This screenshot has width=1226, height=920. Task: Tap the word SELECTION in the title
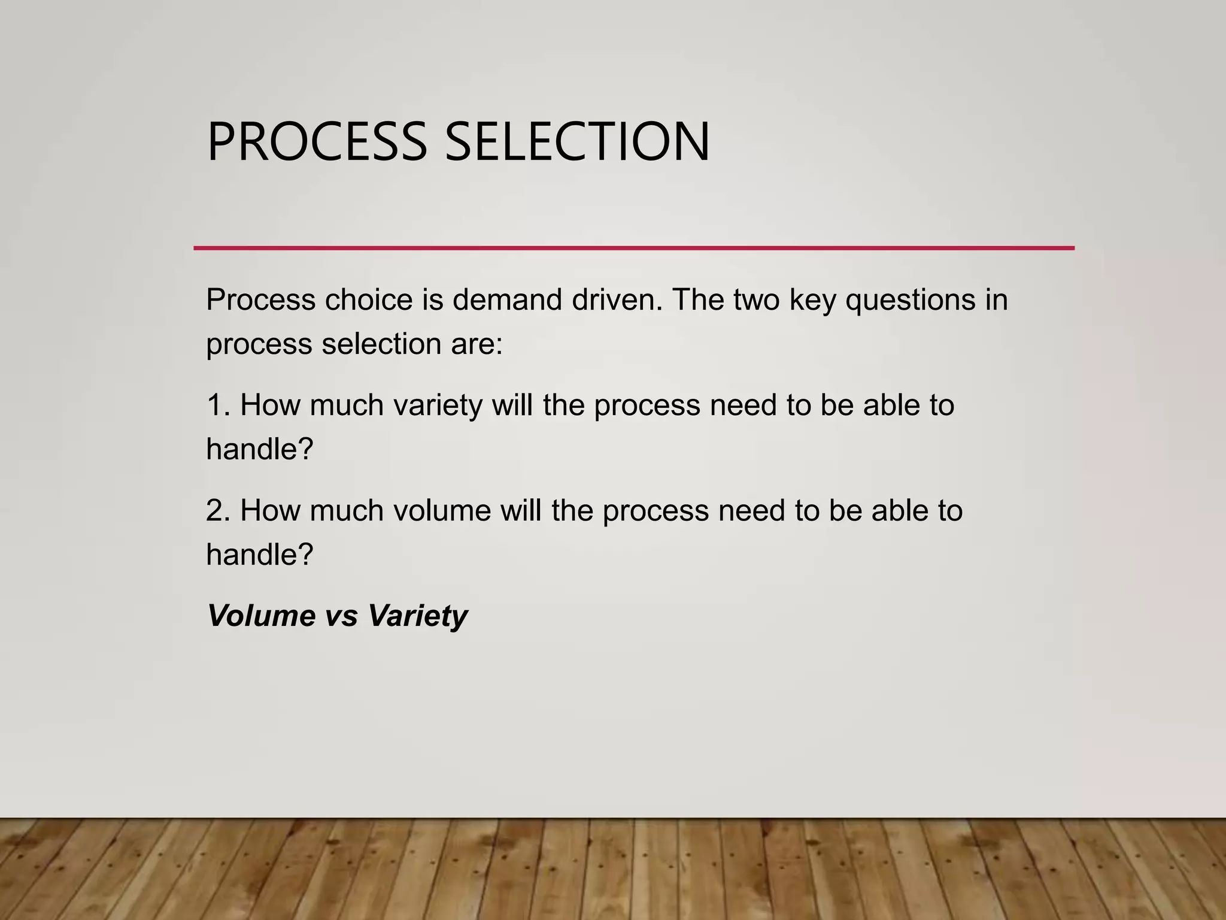click(577, 143)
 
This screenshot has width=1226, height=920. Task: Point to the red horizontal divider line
click(633, 248)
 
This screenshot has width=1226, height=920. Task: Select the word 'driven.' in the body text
click(617, 299)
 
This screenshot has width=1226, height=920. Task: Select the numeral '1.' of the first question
click(219, 405)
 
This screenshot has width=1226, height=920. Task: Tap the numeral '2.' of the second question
click(219, 510)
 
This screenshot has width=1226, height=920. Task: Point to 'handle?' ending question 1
click(260, 449)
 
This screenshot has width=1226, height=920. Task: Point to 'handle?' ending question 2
click(260, 555)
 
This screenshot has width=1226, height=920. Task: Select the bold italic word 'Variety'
click(417, 616)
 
